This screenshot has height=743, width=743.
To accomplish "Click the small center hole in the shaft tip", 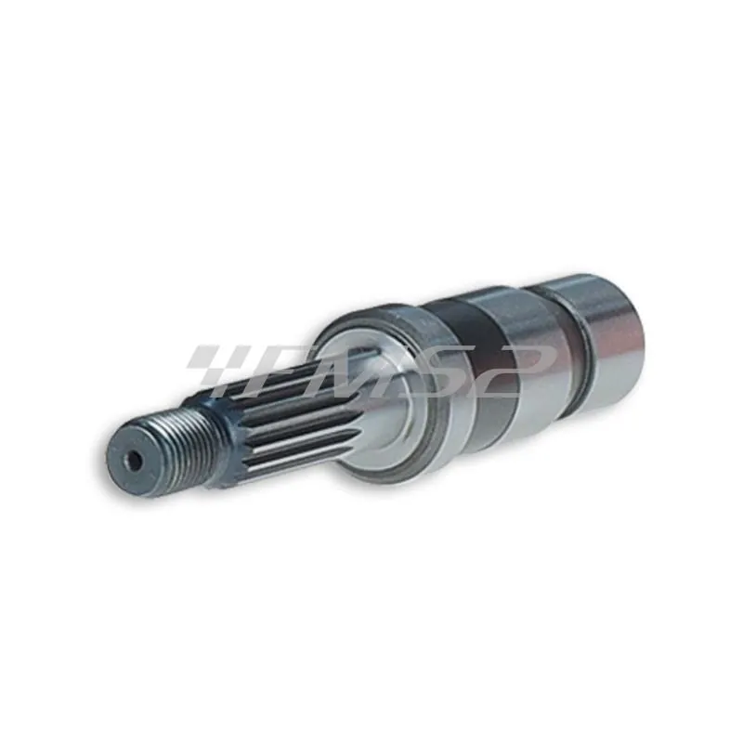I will pyautogui.click(x=136, y=460).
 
